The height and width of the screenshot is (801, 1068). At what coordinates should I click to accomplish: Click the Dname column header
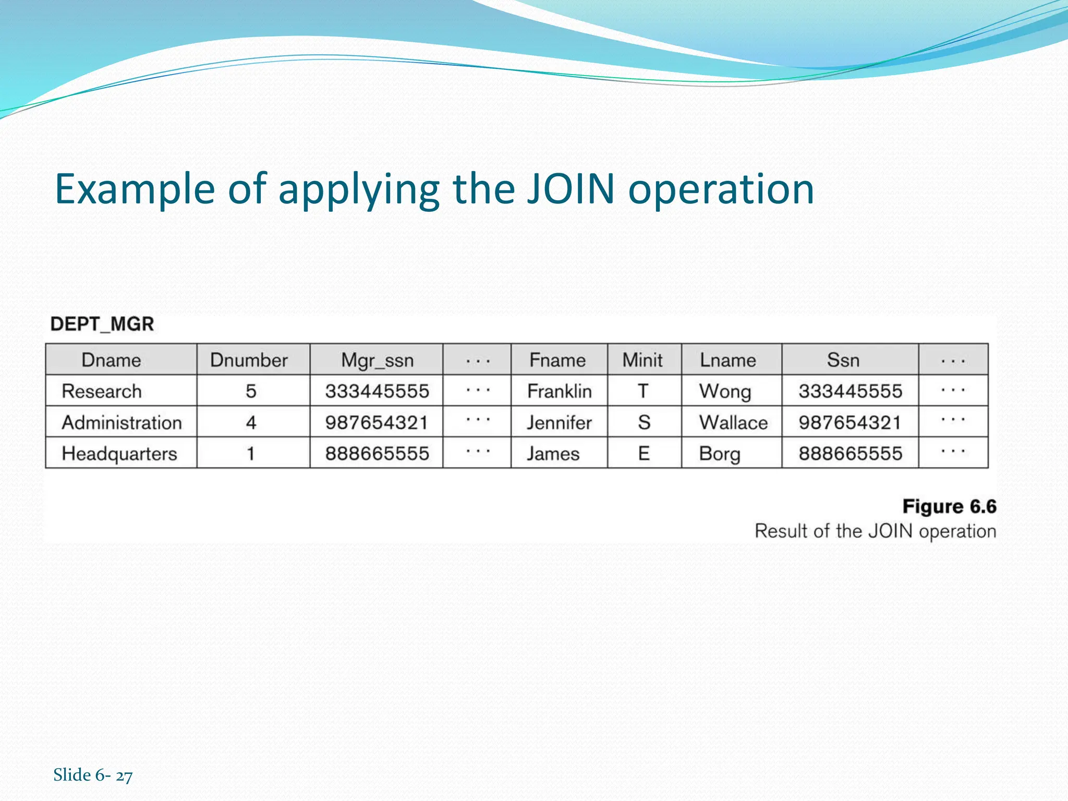[x=111, y=360]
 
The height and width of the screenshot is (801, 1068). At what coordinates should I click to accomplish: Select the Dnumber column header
[x=249, y=360]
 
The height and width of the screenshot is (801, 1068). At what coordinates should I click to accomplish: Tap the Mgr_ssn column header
[x=377, y=360]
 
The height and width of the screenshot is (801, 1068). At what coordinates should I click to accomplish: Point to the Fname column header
[x=557, y=360]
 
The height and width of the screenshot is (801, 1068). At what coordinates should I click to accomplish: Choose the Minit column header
[x=642, y=360]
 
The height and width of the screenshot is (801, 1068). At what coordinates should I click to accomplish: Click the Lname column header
[x=727, y=360]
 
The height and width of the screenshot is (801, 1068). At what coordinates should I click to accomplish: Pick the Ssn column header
[x=843, y=360]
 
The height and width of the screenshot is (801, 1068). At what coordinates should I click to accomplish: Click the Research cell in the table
[x=102, y=391]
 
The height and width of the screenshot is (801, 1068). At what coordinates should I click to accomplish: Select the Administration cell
[x=122, y=422]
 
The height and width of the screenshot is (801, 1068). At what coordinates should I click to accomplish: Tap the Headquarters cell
[x=119, y=454]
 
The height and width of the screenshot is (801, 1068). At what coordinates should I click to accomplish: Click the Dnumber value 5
[x=251, y=391]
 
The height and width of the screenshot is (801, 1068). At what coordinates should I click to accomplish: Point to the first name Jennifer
[x=559, y=422]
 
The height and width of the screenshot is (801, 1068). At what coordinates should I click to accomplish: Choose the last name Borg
[x=720, y=454]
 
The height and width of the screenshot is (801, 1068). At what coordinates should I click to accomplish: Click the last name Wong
[x=725, y=391]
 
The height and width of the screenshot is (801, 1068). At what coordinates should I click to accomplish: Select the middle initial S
[x=644, y=422]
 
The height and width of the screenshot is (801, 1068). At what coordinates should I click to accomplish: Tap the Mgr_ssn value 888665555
[x=377, y=454]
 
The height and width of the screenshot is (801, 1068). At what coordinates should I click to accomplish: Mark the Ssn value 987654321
[x=850, y=422]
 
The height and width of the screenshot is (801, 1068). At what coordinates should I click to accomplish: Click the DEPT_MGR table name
[x=102, y=324]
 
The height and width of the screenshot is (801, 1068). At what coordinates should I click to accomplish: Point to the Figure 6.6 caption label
[x=949, y=506]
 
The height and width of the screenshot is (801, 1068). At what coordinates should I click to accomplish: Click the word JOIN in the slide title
[x=571, y=189]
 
